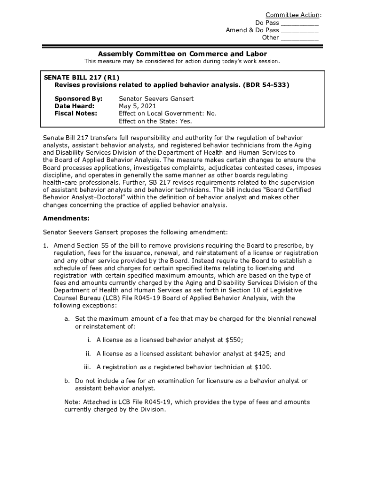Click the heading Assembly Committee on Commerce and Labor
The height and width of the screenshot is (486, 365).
pos(182,54)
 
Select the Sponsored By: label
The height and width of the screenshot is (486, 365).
pos(78,99)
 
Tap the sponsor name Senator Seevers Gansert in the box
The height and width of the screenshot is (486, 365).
pos(156,99)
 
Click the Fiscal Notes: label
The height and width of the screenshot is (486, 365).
pos(76,114)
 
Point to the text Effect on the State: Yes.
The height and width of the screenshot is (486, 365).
pos(155,121)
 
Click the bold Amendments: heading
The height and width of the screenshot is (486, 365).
pos(66,218)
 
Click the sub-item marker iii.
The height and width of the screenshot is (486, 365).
pos(87,367)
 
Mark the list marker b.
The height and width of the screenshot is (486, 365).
pos(67,381)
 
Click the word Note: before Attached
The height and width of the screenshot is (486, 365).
pos(73,402)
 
